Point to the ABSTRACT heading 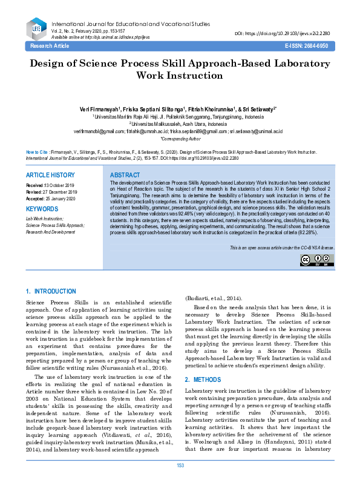pos(126,175)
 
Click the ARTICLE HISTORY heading pos(50,175)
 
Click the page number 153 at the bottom pos(180,482)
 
